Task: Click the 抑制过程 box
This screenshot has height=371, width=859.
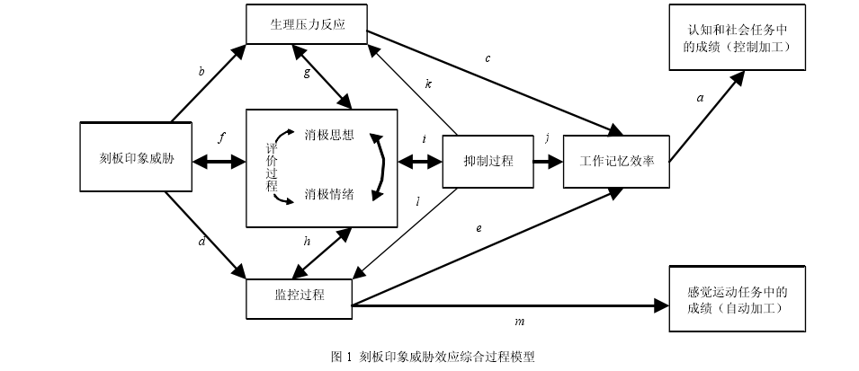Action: coord(488,162)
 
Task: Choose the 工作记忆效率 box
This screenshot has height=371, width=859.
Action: coord(616,162)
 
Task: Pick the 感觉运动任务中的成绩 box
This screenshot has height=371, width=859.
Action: coord(735,299)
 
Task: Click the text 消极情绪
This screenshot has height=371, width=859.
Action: coord(329,192)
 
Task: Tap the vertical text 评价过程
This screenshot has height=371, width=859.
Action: coord(271,166)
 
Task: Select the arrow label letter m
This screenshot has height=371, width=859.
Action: coord(518,321)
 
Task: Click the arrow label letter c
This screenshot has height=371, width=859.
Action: coord(488,59)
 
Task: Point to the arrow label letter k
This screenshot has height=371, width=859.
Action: coord(429,84)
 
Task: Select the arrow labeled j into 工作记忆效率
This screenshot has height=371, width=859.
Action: coord(547,162)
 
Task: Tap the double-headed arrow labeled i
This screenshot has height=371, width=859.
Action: coord(420,163)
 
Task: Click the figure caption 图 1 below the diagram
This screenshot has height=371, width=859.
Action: coord(433,356)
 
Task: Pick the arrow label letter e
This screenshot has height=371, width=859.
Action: coord(479,228)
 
